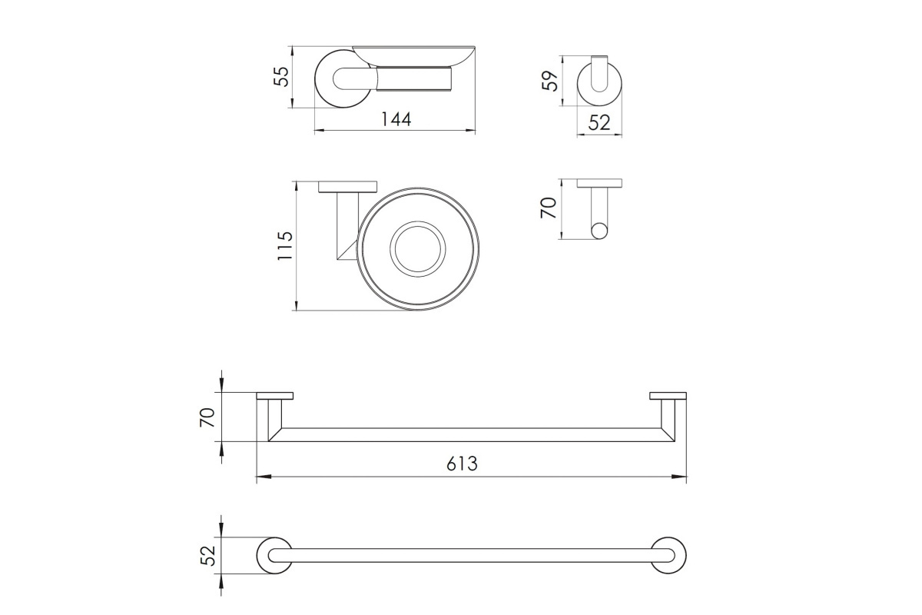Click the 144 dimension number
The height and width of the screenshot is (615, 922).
396,119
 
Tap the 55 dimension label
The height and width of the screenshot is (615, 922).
282,77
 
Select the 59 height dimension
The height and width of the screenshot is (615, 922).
550,81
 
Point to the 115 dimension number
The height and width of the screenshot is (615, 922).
285,245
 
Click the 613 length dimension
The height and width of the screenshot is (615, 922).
462,464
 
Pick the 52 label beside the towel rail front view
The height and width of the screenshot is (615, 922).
208,555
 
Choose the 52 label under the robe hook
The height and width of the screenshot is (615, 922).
599,122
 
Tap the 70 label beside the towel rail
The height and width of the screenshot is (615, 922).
207,417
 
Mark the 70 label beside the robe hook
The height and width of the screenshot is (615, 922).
549,208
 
